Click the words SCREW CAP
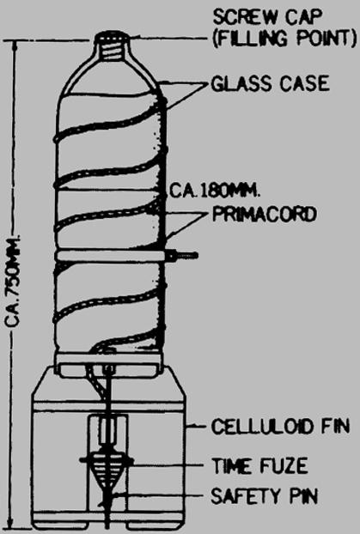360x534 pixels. [267, 16]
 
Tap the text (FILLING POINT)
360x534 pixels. [284, 39]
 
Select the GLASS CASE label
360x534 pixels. [271, 84]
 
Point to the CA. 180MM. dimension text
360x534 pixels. [215, 191]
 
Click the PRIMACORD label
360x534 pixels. [265, 215]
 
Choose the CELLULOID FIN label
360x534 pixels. [280, 427]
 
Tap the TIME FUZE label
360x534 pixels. [259, 465]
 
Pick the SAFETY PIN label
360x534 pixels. [265, 496]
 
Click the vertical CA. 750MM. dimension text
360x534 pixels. [14, 281]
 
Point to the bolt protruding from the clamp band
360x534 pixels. [181, 256]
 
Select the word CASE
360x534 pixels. [304, 84]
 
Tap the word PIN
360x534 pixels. [303, 496]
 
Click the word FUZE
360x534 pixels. [284, 465]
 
